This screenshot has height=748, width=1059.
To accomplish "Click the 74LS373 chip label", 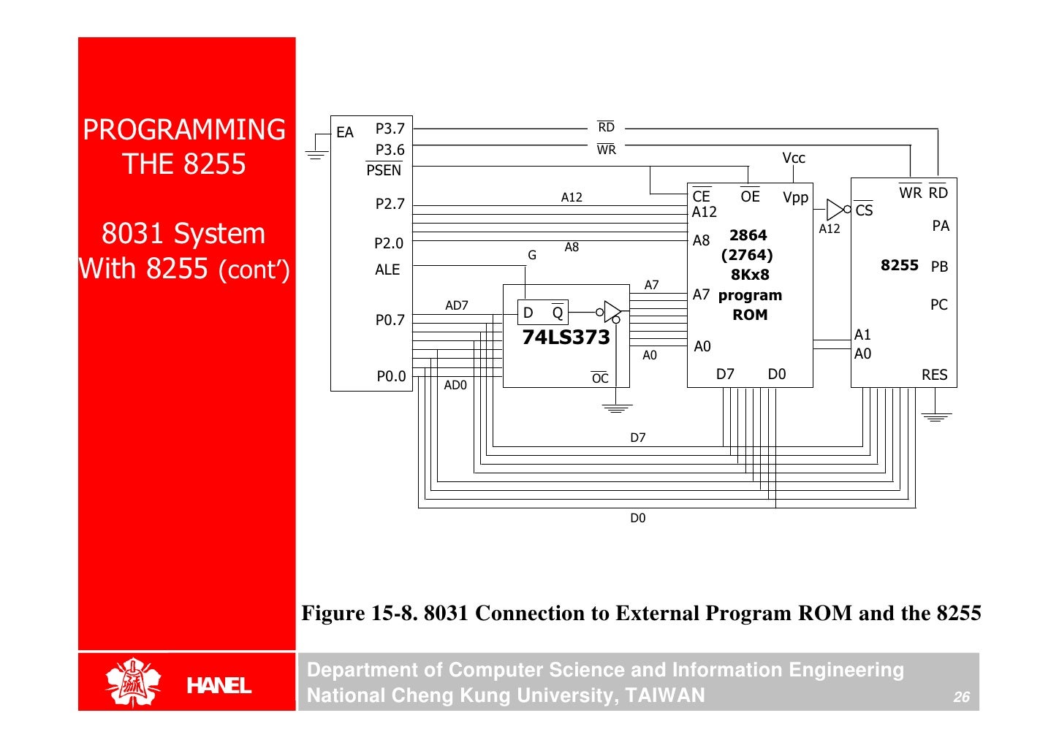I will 566,337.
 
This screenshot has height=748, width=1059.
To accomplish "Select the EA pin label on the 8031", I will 345,132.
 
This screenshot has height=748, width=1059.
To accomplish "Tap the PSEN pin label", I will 384,170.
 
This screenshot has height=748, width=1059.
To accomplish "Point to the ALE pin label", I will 387,270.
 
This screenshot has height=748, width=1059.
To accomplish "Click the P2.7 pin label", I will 390,204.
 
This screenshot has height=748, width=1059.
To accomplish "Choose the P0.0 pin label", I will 391,376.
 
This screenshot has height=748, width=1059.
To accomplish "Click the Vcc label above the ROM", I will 794,159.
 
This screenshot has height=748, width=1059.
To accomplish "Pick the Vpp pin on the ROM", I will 795,197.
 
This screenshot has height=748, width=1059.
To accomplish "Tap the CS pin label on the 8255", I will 864,210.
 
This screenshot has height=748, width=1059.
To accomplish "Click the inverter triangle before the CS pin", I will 835,210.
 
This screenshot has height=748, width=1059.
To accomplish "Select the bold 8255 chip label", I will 899,265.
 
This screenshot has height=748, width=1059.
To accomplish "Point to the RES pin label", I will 934,375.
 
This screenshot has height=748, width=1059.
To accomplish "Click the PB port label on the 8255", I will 939,267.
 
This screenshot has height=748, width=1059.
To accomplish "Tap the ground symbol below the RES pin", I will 935,417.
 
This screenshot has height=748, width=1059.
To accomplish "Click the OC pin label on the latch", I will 600,378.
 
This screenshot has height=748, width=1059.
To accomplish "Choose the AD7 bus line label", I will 457,305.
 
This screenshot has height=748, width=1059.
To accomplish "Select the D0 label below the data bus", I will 638,518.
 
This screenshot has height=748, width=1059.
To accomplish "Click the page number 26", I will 961,697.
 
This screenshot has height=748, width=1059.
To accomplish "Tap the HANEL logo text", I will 219,685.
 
